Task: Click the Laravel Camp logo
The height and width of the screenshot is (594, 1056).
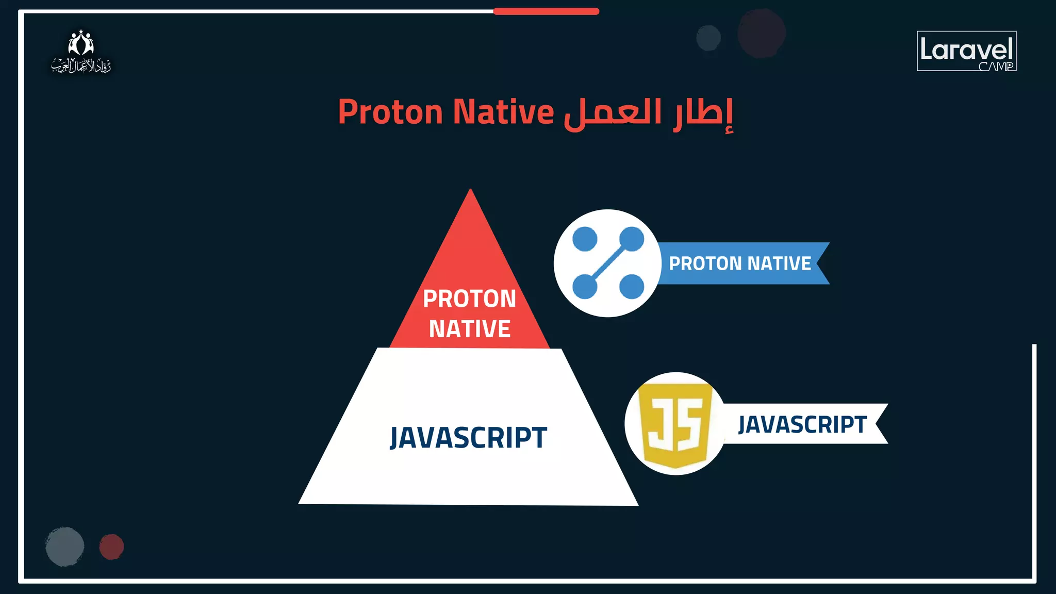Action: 966,51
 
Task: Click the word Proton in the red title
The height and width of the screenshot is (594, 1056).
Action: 390,112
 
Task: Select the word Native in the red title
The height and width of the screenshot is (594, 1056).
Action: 503,112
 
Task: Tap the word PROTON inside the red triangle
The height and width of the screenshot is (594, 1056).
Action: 469,299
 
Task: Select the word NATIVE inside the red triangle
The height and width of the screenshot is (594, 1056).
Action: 470,329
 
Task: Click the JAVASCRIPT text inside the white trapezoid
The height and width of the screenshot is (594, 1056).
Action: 468,438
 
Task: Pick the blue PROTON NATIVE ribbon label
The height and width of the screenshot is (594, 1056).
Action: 740,263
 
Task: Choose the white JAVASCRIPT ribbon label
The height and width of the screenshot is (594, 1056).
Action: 802,424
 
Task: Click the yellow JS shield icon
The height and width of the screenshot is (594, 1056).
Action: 675,424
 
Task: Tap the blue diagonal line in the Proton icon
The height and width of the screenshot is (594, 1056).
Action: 608,263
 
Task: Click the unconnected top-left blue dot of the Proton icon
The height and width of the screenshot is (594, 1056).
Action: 585,239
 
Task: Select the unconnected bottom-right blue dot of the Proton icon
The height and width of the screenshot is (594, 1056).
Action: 632,287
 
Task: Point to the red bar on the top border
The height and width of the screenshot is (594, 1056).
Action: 546,11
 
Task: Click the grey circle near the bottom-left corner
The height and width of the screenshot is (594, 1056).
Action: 65,547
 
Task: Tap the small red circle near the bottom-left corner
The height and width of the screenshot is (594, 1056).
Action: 111,547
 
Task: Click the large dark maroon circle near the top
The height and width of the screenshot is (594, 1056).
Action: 761,33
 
